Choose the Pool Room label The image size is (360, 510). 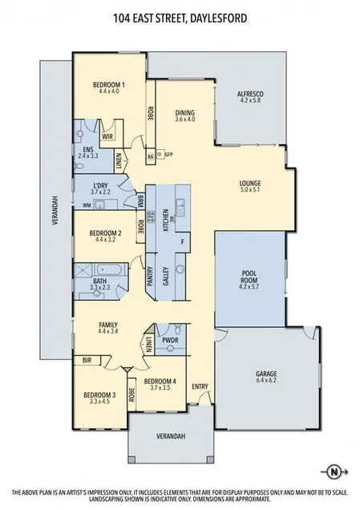(250, 279)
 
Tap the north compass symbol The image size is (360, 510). (334, 470)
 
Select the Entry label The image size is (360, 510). (200, 387)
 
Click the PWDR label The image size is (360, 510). (169, 339)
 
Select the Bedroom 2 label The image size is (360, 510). (108, 236)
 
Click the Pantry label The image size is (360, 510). (150, 277)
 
